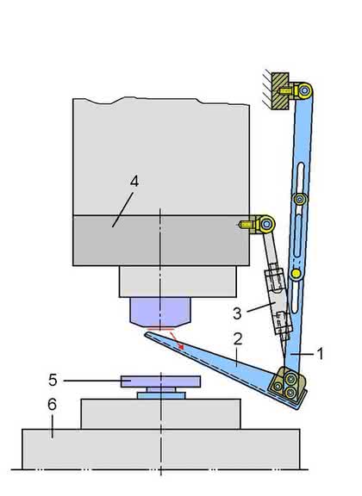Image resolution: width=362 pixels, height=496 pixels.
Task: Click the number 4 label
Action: coord(134,182)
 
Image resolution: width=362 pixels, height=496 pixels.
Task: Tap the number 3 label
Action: coord(237,313)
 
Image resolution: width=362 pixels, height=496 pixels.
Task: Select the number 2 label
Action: coord(238,338)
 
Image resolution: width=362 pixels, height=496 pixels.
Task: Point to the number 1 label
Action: coord(320,353)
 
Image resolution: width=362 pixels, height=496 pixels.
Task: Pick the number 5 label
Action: coord(53,380)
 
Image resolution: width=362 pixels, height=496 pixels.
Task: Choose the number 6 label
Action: coord(53,404)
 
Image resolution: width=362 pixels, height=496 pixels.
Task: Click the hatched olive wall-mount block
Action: coord(280,91)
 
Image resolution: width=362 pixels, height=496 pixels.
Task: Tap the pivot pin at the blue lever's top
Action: coord(304,91)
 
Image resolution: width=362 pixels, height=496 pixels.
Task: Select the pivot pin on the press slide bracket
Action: coord(266,224)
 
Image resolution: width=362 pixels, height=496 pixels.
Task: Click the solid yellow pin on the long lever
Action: coord(296,273)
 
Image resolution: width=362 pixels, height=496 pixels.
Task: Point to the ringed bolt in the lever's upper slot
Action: coord(300,199)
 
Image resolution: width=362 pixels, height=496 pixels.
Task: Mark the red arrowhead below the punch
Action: coord(181,347)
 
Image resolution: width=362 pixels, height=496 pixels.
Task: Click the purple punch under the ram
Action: coord(160,312)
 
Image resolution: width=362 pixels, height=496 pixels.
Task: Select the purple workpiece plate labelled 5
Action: coord(160,381)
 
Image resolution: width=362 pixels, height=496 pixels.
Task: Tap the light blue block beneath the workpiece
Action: coord(161,395)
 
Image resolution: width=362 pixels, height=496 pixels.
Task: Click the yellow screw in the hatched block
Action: coord(285,91)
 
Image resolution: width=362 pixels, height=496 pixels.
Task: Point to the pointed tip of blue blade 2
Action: coord(145,333)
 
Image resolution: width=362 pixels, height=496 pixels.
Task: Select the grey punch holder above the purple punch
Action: coord(178,282)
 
